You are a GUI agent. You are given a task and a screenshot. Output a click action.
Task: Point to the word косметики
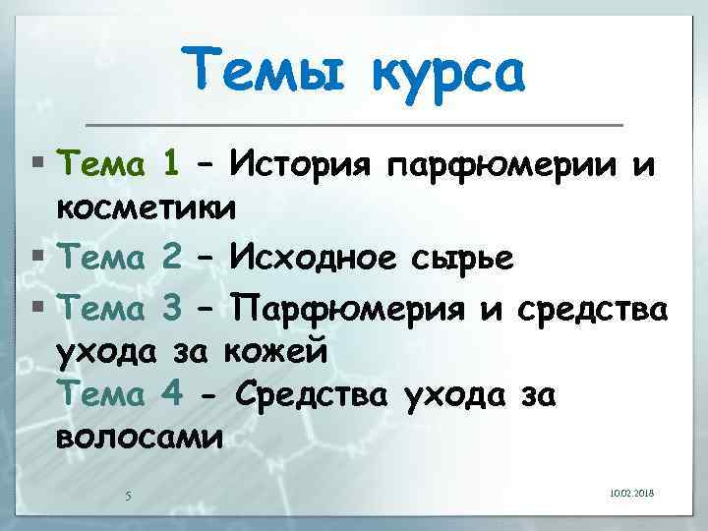[x=147, y=208]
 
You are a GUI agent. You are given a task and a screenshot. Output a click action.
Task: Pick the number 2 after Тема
[x=169, y=260]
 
